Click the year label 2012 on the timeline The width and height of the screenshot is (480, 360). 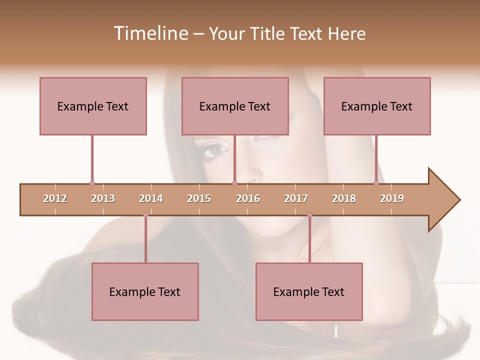pyautogui.click(x=55, y=198)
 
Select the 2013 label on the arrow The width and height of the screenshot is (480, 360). pyautogui.click(x=103, y=198)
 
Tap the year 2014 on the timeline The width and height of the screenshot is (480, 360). pyautogui.click(x=151, y=198)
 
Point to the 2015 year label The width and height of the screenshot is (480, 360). pyautogui.click(x=199, y=198)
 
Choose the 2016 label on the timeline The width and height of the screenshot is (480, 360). pyautogui.click(x=248, y=198)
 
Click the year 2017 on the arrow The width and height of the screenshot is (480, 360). pyautogui.click(x=296, y=198)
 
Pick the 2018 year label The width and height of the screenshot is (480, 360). pyautogui.click(x=344, y=198)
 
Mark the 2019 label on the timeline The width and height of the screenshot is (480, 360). pyautogui.click(x=392, y=198)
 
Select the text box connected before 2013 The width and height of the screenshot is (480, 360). pyautogui.click(x=93, y=106)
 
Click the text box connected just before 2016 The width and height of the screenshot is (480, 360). pyautogui.click(x=235, y=106)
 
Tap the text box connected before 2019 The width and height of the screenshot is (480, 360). pyautogui.click(x=377, y=106)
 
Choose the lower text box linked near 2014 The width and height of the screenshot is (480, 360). pyautogui.click(x=145, y=291)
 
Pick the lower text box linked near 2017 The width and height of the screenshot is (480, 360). pyautogui.click(x=309, y=291)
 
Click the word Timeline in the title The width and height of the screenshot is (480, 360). pyautogui.click(x=150, y=33)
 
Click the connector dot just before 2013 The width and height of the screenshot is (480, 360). pyautogui.click(x=92, y=183)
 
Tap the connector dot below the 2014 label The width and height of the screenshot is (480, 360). pyautogui.click(x=145, y=215)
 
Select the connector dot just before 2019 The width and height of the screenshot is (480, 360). pyautogui.click(x=376, y=183)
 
